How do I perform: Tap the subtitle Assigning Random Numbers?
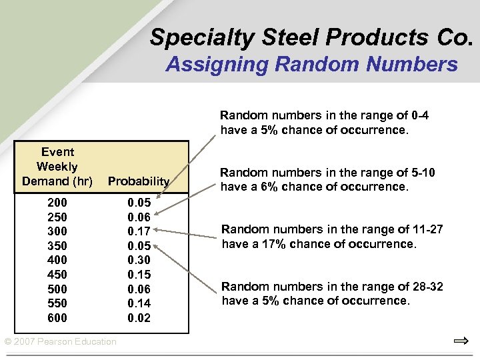pos(311,65)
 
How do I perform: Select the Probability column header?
pos(139,181)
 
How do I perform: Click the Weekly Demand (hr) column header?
pos(57,167)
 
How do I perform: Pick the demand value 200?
pos(57,201)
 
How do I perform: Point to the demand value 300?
pos(57,231)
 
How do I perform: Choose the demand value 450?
pos(57,275)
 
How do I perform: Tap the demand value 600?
pos(57,318)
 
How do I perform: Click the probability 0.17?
pos(139,231)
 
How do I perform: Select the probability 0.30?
pos(139,260)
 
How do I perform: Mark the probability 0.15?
pos(139,275)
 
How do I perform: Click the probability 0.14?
pos(139,303)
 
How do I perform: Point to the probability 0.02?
pos(139,318)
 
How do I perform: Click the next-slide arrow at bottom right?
pos(461,342)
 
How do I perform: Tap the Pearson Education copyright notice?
pos(61,342)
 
